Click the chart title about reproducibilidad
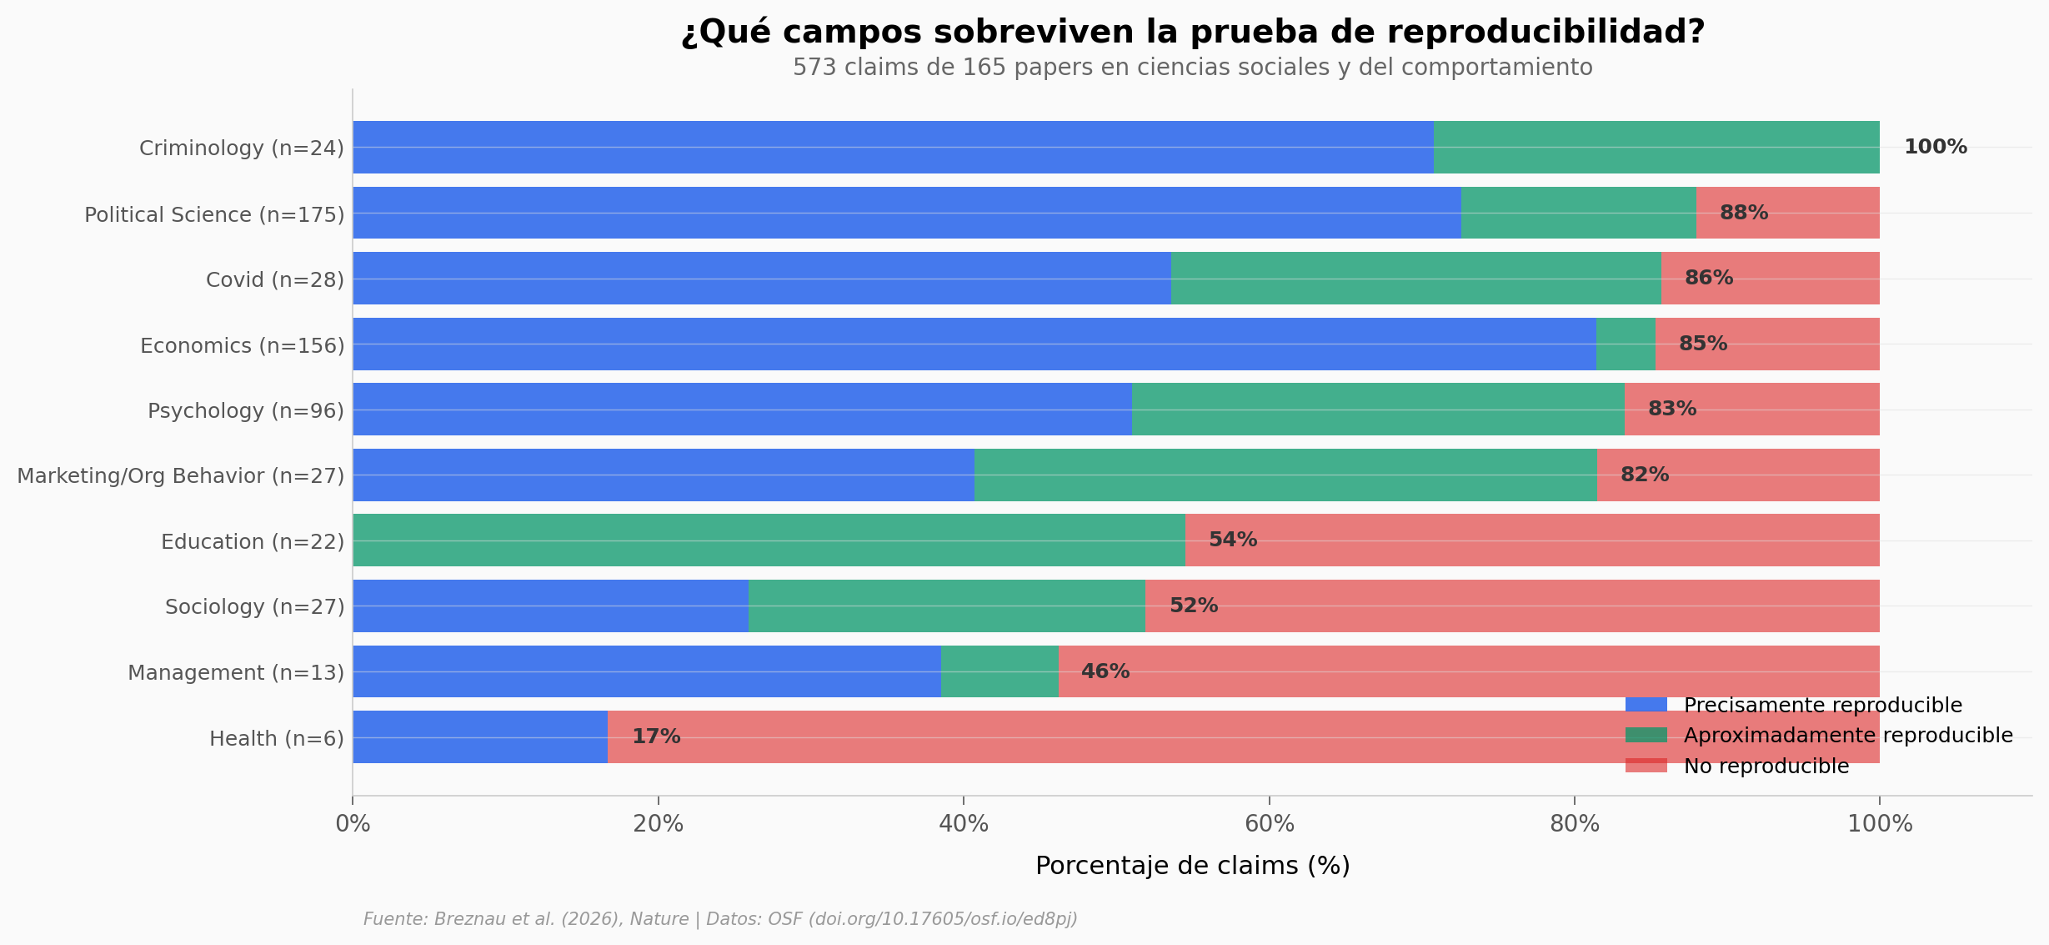[1192, 33]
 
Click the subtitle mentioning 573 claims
[1192, 68]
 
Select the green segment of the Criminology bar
[1656, 147]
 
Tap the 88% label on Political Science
[1743, 213]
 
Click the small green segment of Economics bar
[1625, 344]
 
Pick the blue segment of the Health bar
[479, 736]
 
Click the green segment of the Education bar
[768, 540]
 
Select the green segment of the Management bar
[999, 671]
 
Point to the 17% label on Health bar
[656, 736]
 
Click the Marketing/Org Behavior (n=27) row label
[180, 475]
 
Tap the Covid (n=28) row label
[274, 279]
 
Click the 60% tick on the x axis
[1269, 824]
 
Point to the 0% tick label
[353, 824]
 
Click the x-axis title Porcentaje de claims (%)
[1192, 866]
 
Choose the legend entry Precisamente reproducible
[1822, 705]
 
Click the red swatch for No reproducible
[1646, 765]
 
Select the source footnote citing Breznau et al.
[720, 919]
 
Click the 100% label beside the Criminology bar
[1935, 147]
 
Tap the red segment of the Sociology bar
[1511, 606]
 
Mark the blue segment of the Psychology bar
[742, 409]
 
